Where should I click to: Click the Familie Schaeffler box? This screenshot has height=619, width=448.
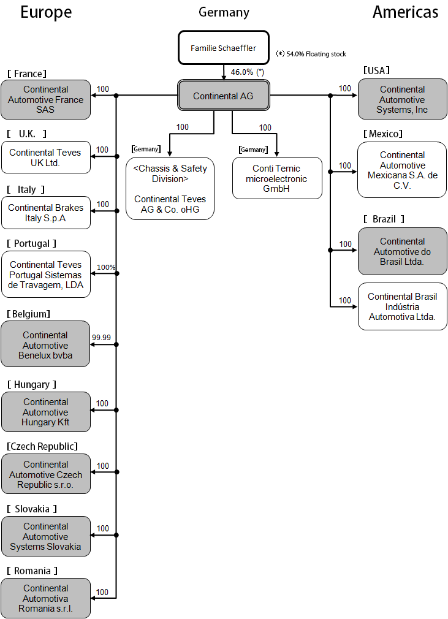(x=224, y=48)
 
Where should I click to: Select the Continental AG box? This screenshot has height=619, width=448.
(x=224, y=96)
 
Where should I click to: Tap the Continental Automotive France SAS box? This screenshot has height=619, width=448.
(x=46, y=99)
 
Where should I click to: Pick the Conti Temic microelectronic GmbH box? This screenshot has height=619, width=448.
(x=277, y=178)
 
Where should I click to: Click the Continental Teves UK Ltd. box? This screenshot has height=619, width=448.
(x=46, y=158)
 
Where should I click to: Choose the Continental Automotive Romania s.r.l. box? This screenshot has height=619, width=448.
(x=46, y=599)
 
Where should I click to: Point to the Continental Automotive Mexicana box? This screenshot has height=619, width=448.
(x=402, y=170)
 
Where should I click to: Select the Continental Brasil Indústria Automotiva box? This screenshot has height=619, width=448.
(x=402, y=306)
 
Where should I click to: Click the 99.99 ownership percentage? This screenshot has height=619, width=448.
(x=102, y=337)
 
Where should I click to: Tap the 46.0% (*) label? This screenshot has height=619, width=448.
(x=247, y=72)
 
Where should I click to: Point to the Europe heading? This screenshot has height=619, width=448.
(x=46, y=12)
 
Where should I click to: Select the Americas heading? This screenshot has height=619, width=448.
(x=405, y=12)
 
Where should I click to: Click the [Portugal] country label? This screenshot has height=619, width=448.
(x=32, y=243)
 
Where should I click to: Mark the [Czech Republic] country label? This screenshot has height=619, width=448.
(x=42, y=446)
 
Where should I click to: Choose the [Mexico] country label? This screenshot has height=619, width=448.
(x=383, y=134)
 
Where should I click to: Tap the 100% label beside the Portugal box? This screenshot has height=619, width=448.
(x=106, y=267)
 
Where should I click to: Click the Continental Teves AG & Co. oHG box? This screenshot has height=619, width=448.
(x=170, y=189)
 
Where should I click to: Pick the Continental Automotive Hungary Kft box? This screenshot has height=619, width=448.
(x=46, y=412)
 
